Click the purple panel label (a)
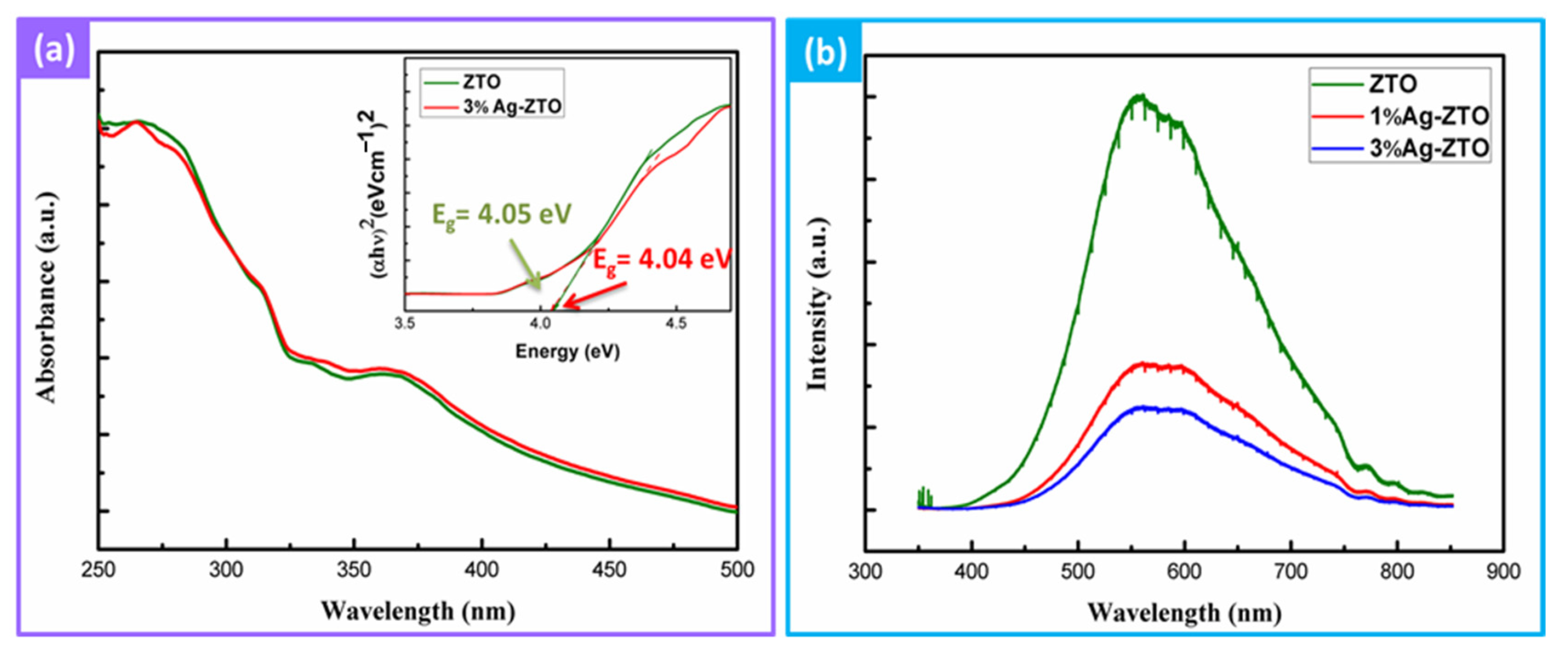click(54, 51)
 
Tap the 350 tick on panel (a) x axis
click(354, 570)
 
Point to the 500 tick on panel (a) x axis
click(736, 570)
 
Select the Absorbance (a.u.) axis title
click(47, 297)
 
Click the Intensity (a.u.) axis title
click(817, 303)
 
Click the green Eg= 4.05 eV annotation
click(501, 216)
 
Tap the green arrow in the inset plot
click(526, 264)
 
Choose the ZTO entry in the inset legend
click(482, 82)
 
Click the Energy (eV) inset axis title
click(567, 352)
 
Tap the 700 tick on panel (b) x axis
click(1291, 571)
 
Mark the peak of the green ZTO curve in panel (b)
click(1140, 96)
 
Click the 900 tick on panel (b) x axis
click(1502, 571)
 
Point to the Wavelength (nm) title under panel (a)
click(418, 611)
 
